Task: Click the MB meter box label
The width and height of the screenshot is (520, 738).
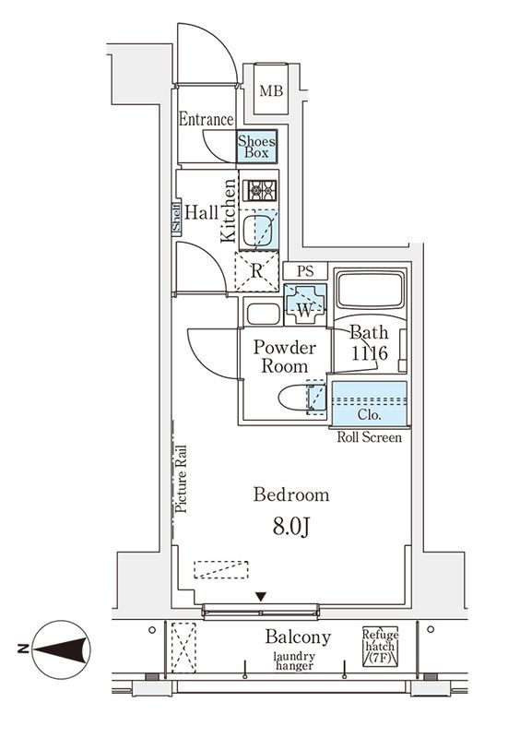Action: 272,90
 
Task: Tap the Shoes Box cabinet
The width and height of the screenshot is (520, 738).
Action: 256,147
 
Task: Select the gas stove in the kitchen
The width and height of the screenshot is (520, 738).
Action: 260,191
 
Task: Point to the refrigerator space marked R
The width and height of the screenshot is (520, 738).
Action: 256,271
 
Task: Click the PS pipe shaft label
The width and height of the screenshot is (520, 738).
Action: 305,271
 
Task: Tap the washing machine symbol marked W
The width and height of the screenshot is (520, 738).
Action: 305,304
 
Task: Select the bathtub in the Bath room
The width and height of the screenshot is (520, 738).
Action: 371,289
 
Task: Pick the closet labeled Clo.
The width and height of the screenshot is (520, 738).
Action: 370,403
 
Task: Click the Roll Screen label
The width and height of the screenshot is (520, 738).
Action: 370,437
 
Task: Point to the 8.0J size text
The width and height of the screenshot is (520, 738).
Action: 291,528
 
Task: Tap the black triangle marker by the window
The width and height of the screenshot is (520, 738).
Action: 261,597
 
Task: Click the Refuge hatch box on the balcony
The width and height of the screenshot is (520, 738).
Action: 380,646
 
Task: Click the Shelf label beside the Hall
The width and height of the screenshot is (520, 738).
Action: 176,218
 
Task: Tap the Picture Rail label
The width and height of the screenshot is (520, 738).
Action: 181,479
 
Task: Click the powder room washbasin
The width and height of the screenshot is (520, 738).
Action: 264,314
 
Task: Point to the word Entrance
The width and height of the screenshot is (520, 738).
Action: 207,119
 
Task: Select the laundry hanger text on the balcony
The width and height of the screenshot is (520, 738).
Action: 295,661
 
